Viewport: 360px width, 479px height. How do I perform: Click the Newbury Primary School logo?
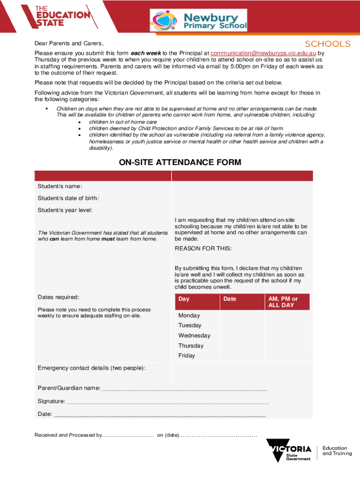(198, 21)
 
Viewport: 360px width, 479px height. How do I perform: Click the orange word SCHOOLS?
(327, 44)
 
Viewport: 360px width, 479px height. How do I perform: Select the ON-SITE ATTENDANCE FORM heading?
(180, 162)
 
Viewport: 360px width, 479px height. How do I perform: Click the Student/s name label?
(60, 187)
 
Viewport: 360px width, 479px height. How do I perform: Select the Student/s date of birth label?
(68, 198)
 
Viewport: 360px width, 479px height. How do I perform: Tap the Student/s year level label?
(65, 210)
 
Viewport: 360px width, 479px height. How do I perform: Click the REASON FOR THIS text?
(203, 248)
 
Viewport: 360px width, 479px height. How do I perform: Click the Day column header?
(184, 299)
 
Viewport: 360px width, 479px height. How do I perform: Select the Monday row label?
(189, 315)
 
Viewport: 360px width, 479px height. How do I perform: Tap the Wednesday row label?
(194, 335)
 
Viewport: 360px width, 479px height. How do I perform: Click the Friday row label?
(187, 356)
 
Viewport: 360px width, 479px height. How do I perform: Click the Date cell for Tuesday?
(242, 325)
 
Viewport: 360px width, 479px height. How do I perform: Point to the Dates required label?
(58, 297)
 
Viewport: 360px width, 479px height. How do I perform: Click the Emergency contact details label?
(91, 368)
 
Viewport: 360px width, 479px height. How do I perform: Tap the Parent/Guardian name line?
(184, 388)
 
